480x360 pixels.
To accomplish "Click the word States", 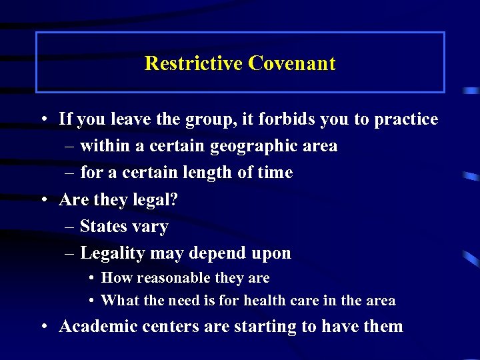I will tap(103, 227).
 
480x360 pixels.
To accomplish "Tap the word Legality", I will tap(112, 253).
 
